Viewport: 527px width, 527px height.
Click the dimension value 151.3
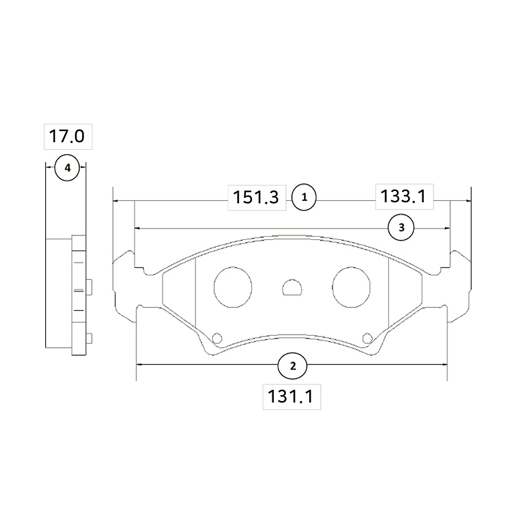[256, 197]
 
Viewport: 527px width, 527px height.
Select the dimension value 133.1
[403, 196]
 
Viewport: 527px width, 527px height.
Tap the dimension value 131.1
[290, 396]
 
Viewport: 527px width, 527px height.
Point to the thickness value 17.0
[67, 136]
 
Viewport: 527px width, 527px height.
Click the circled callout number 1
[304, 197]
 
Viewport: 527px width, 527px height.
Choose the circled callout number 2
[292, 366]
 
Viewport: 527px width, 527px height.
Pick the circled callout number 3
[401, 228]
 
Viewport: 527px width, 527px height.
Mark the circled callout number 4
[67, 168]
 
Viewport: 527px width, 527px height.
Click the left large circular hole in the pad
[233, 287]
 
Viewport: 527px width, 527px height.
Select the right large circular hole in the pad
[351, 287]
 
